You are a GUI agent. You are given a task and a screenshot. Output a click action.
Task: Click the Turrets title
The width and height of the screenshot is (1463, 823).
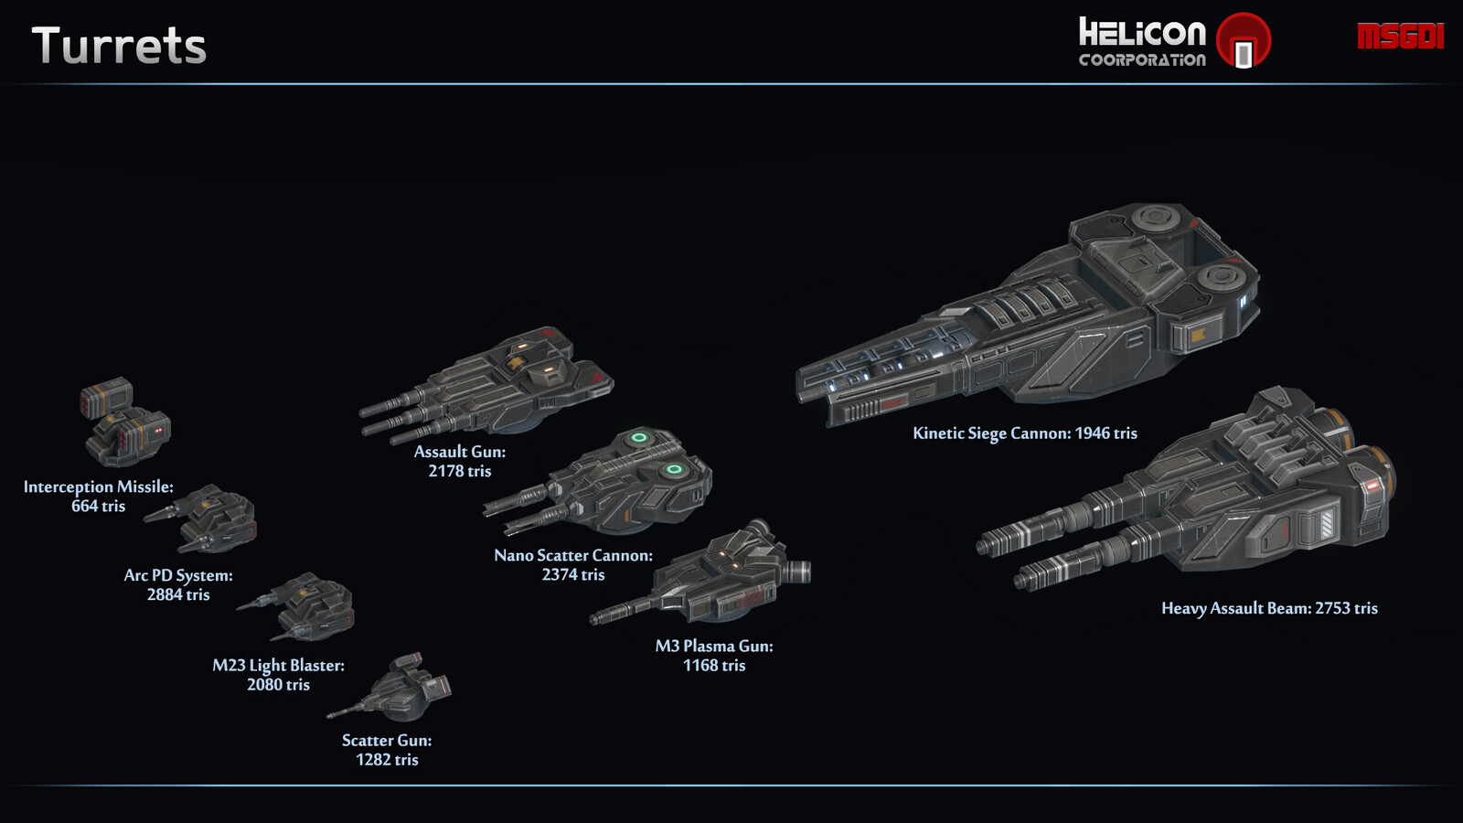pyautogui.click(x=119, y=46)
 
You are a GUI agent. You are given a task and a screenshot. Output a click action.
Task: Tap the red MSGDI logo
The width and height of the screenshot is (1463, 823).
pyautogui.click(x=1400, y=36)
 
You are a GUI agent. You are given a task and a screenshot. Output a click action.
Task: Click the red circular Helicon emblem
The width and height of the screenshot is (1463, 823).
pyautogui.click(x=1244, y=40)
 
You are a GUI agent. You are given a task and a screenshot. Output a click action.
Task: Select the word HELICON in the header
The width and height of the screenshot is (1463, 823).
pyautogui.click(x=1142, y=33)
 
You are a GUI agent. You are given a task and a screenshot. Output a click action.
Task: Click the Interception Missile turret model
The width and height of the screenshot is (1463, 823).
pyautogui.click(x=125, y=422)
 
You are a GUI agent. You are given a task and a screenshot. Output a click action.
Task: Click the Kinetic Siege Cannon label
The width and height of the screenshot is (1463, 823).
pyautogui.click(x=1025, y=433)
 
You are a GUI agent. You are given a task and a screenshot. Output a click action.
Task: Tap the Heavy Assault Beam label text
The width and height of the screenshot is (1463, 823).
pyautogui.click(x=1269, y=609)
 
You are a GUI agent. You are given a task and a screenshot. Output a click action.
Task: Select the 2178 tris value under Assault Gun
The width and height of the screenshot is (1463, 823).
pyautogui.click(x=460, y=471)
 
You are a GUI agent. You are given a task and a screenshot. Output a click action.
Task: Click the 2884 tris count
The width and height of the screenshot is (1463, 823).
pyautogui.click(x=178, y=594)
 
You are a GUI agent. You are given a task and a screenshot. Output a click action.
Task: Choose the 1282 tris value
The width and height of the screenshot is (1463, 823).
pyautogui.click(x=388, y=760)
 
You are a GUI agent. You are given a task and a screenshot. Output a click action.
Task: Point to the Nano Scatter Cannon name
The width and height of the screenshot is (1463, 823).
pyautogui.click(x=573, y=555)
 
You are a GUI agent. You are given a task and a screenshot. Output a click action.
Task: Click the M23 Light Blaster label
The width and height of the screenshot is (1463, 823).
pyautogui.click(x=278, y=666)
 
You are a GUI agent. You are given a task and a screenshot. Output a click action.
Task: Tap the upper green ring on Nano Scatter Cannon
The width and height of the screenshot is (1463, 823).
pyautogui.click(x=639, y=438)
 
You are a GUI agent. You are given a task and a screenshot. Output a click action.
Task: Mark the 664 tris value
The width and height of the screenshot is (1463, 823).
pyautogui.click(x=98, y=507)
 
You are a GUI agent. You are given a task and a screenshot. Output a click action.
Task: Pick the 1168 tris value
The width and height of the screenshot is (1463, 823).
pyautogui.click(x=714, y=666)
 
